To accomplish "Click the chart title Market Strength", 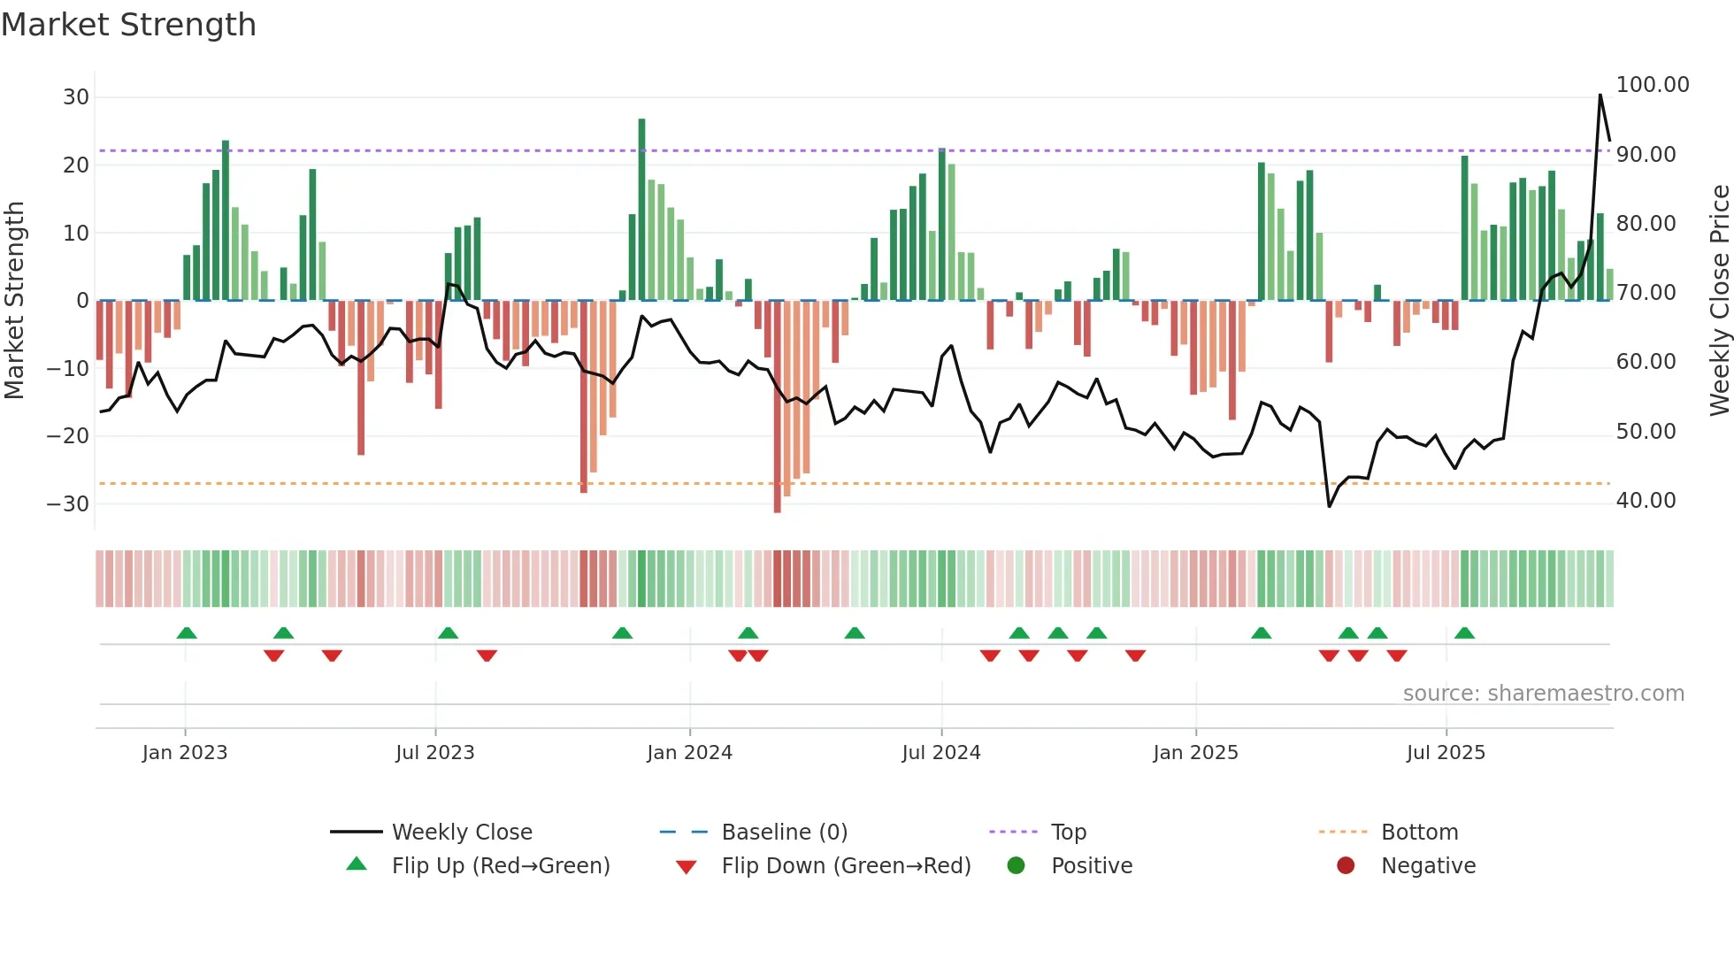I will (128, 25).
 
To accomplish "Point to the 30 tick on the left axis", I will (76, 97).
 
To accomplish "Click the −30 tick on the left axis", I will (68, 504).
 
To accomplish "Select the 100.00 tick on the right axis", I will (1652, 85).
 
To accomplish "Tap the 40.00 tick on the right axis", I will (1646, 501).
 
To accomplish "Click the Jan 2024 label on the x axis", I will (689, 753).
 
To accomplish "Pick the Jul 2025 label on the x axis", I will (1446, 753).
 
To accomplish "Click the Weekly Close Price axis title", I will (1719, 301).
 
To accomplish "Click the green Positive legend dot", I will (1016, 866).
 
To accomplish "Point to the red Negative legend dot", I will (1346, 866).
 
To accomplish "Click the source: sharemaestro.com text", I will (1543, 694).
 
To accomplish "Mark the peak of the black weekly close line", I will (1600, 95).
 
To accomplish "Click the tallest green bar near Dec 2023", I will (641, 208).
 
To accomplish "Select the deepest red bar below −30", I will (777, 407).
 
